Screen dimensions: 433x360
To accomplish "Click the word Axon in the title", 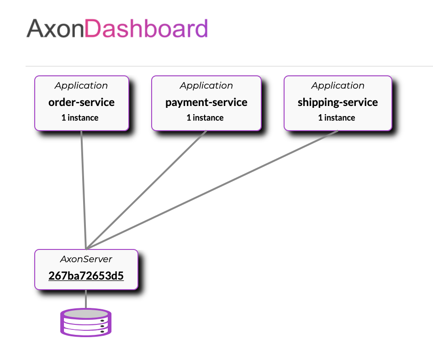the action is pyautogui.click(x=55, y=28).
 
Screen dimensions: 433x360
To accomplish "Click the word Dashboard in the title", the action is pyautogui.click(x=146, y=28).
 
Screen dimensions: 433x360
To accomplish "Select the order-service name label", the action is pyautogui.click(x=81, y=102).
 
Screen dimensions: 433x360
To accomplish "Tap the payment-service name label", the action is pyautogui.click(x=206, y=102).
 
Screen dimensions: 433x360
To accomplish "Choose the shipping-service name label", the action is pyautogui.click(x=338, y=102).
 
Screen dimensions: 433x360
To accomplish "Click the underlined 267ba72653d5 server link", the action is pyautogui.click(x=86, y=276).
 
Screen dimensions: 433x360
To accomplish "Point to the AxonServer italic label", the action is pyautogui.click(x=86, y=259).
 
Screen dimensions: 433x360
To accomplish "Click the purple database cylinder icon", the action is pyautogui.click(x=86, y=323).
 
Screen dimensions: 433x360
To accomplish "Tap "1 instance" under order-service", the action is pyautogui.click(x=80, y=118).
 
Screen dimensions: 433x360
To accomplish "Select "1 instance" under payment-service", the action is pyautogui.click(x=205, y=118).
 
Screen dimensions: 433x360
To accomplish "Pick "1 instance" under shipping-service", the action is pyautogui.click(x=337, y=118).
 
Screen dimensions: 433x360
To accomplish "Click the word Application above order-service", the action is pyautogui.click(x=81, y=85).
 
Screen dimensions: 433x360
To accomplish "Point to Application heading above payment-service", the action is pyautogui.click(x=206, y=85).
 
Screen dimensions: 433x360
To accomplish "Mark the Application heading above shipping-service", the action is pyautogui.click(x=338, y=85).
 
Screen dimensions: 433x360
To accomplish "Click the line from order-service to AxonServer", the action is pyautogui.click(x=84, y=190).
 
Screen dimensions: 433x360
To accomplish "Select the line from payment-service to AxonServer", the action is pyautogui.click(x=146, y=190).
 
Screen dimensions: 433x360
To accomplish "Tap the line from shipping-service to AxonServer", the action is pyautogui.click(x=212, y=190).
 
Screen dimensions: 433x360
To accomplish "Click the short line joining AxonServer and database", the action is pyautogui.click(x=86, y=299).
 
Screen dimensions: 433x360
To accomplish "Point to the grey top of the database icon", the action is pyautogui.click(x=86, y=314).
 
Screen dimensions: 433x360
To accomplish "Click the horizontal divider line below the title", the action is pyautogui.click(x=229, y=66).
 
